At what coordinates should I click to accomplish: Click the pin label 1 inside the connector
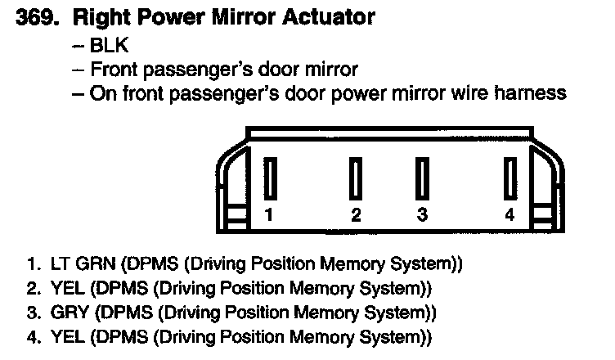pyautogui.click(x=268, y=216)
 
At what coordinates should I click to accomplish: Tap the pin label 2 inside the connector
pyautogui.click(x=356, y=216)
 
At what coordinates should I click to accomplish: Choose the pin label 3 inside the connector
pyautogui.click(x=422, y=216)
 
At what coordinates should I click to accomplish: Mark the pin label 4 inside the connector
pyautogui.click(x=510, y=216)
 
